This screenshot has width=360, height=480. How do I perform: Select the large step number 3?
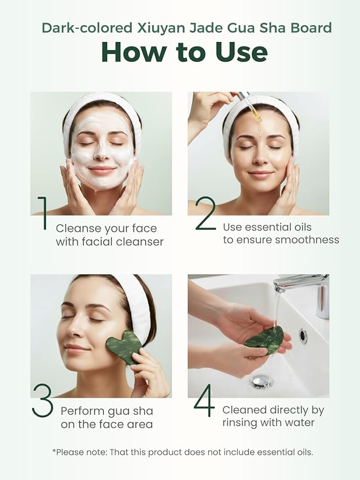[x=43, y=402]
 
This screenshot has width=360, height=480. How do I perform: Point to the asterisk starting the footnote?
[x=54, y=451]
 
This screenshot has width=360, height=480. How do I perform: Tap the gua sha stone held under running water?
[x=264, y=337]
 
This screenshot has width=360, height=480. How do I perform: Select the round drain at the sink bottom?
[x=262, y=381]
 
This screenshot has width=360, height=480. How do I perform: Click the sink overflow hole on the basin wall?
[x=303, y=336]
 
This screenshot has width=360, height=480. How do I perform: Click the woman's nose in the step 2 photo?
[x=260, y=155]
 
